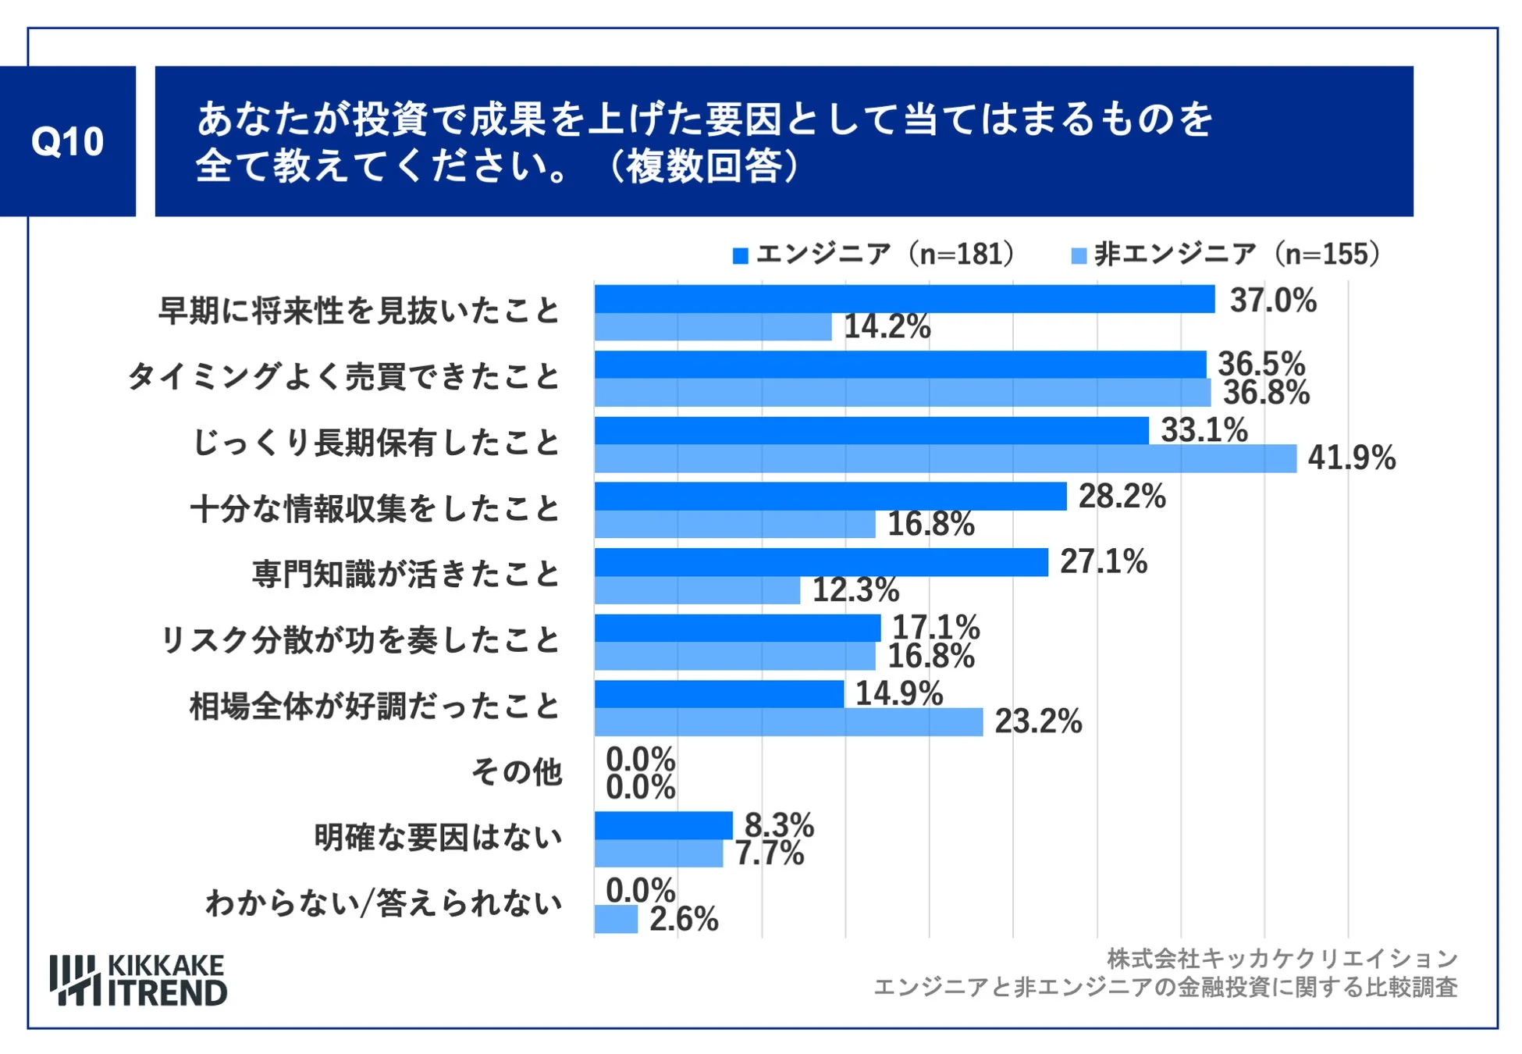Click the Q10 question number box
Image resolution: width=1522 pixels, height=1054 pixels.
[68, 141]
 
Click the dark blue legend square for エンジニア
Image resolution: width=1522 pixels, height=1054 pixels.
[740, 255]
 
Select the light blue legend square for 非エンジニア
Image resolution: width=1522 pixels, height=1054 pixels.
[1079, 255]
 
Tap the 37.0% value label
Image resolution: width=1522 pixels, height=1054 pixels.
[1272, 301]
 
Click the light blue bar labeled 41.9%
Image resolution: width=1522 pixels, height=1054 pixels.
[944, 458]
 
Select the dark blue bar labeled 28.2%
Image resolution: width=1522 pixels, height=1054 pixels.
[830, 497]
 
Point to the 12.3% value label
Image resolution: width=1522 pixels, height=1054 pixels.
[855, 590]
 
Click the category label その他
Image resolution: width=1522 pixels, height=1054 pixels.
[517, 772]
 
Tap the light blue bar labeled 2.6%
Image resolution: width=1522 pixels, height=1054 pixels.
[616, 919]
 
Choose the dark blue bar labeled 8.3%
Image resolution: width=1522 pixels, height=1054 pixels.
[663, 825]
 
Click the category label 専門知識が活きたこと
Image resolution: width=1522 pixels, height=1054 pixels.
[406, 575]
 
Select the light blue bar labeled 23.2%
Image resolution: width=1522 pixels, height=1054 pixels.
[788, 722]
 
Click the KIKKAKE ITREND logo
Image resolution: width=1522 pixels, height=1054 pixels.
[138, 980]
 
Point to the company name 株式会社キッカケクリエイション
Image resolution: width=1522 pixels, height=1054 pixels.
[1282, 958]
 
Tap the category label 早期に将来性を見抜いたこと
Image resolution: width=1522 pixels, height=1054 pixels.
[359, 312]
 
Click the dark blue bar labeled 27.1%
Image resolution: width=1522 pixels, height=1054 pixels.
[820, 562]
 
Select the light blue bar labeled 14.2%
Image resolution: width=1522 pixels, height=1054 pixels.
[713, 327]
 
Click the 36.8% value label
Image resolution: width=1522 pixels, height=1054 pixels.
[1265, 393]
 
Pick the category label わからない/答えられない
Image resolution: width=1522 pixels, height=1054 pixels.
[383, 903]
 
